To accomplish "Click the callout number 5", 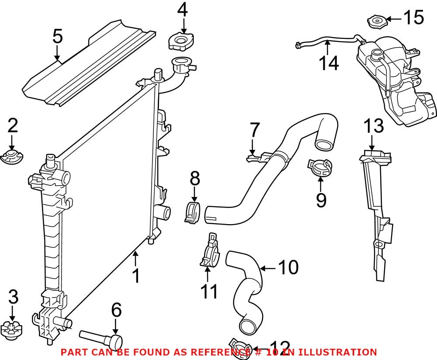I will pos(57,36).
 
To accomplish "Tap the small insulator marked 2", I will pos(12,157).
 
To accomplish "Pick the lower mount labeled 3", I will pos(12,328).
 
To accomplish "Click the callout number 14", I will pos(328,63).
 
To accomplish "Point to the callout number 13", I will pos(374,126).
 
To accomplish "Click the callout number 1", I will pos(136,276).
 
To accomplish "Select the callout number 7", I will pos(255,130).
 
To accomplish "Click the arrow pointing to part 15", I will pos(393,19).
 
